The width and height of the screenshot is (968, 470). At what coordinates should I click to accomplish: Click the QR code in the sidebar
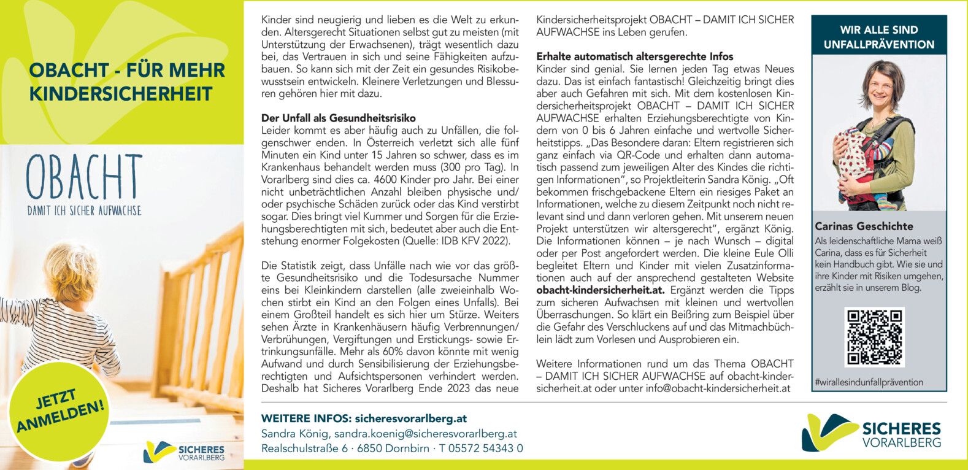(874, 337)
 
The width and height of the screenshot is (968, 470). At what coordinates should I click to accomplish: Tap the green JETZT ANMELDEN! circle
(60, 411)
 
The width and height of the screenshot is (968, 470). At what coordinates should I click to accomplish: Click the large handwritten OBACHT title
(84, 178)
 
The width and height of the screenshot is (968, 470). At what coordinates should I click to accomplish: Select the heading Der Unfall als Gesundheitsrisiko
(338, 118)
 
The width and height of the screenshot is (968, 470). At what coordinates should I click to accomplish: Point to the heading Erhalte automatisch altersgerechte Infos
(634, 56)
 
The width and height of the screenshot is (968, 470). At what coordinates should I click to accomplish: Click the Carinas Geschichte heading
(864, 226)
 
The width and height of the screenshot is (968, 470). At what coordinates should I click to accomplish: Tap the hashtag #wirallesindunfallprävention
(869, 382)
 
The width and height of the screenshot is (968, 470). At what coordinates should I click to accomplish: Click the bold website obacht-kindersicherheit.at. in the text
(601, 290)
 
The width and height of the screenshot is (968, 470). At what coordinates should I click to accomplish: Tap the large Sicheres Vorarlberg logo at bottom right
(871, 433)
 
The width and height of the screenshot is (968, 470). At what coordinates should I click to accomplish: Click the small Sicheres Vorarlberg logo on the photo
(184, 452)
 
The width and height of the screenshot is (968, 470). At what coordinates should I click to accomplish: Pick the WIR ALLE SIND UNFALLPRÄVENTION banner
(878, 37)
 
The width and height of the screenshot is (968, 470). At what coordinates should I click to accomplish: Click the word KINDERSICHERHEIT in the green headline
(121, 94)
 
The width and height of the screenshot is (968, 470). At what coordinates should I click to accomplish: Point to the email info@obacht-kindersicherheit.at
(718, 388)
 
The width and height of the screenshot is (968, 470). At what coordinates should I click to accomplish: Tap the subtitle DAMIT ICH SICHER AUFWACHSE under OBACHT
(84, 210)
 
